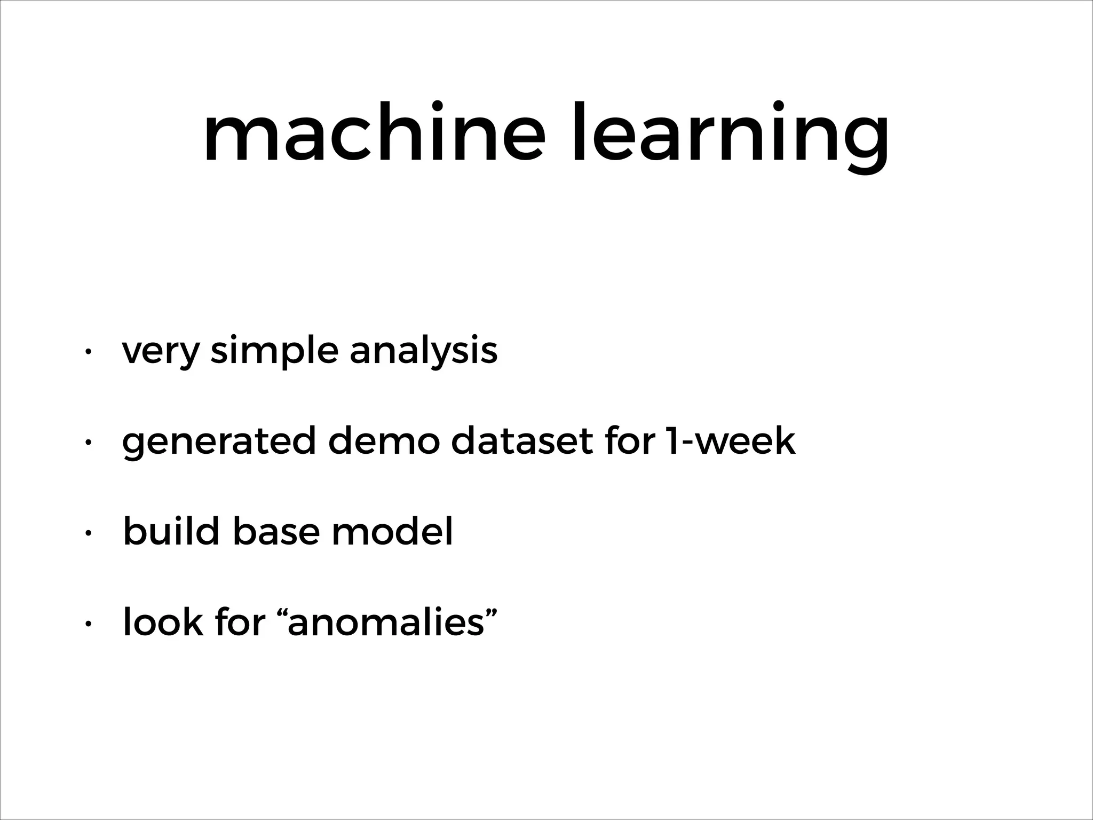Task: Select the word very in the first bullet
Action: click(x=161, y=352)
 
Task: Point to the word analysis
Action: click(x=423, y=352)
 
